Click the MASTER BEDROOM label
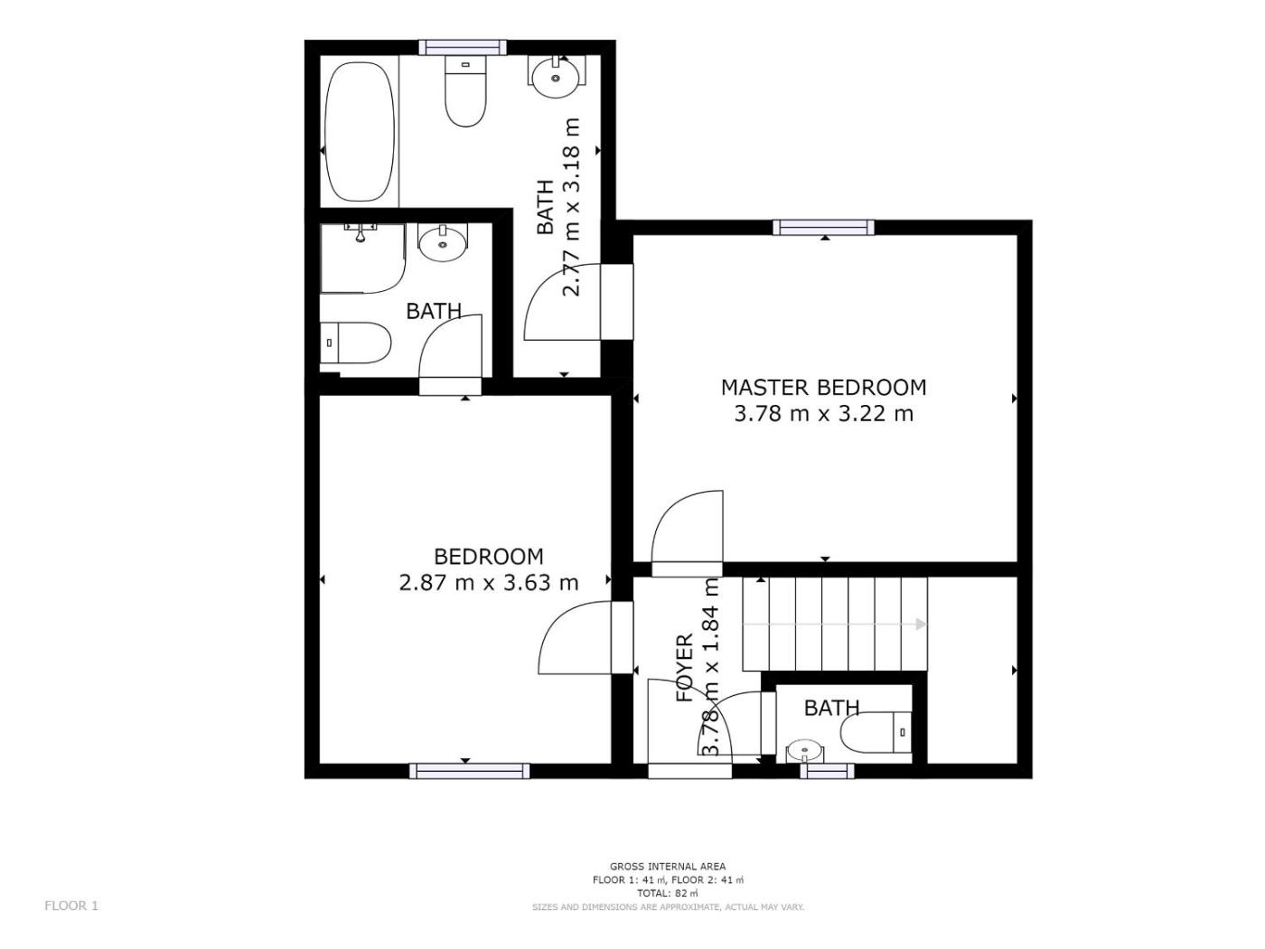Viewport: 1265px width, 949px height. [823, 387]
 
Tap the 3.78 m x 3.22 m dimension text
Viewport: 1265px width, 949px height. [823, 414]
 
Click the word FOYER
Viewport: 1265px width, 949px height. [684, 668]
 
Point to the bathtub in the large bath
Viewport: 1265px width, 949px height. [361, 132]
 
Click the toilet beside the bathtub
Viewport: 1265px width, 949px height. [465, 91]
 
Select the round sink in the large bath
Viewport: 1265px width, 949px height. [556, 77]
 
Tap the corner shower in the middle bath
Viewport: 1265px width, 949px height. [362, 258]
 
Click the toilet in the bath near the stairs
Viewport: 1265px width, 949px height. [876, 733]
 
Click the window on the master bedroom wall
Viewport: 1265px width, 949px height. [823, 228]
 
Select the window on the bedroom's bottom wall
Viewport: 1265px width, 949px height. [469, 771]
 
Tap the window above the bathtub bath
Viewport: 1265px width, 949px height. [463, 47]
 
